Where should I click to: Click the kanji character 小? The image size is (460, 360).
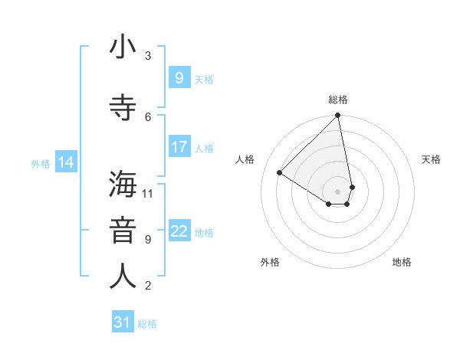pos(123,47)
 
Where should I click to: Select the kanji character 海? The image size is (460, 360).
pos(123,185)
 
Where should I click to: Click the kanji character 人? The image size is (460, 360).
pos(123,277)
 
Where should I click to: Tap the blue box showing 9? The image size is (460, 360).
pos(179,77)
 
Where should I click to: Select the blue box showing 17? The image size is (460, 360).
pos(179,147)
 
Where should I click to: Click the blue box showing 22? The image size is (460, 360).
pos(179,231)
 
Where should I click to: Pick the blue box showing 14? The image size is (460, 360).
pos(65,162)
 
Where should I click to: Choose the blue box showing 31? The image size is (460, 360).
pos(122,322)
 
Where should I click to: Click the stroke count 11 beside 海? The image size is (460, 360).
pos(147,193)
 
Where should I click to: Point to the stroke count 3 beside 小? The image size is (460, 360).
pos(148,55)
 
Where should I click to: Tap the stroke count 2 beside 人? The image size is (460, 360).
pos(148,286)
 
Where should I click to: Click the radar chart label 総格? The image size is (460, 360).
pos(338,100)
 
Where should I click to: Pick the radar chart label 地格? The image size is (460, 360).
pos(402,262)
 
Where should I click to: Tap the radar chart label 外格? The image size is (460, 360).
pos(270,262)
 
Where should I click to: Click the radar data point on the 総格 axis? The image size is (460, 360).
pos(338,116)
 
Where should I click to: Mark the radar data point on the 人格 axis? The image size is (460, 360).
pos(280,173)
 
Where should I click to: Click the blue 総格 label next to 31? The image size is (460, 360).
pos(147,324)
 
